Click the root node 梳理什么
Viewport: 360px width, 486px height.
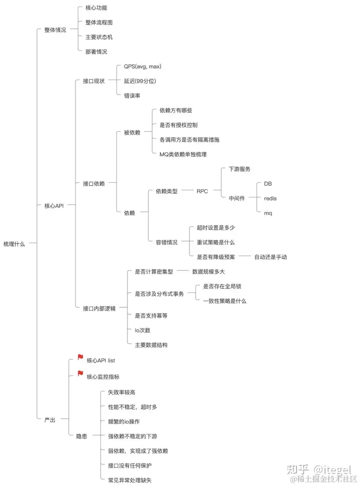tap(13, 244)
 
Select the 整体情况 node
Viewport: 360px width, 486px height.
tap(54, 30)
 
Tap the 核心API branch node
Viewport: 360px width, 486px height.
tap(54, 205)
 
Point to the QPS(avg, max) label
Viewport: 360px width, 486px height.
tap(142, 66)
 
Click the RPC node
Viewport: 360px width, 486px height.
tap(202, 191)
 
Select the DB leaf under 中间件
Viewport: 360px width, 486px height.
tap(268, 184)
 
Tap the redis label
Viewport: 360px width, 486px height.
tap(270, 198)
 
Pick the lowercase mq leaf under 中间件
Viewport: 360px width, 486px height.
tap(268, 213)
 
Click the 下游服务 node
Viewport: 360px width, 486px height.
tap(239, 169)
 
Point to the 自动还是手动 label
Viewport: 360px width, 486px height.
tap(270, 257)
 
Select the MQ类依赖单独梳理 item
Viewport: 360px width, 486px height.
tap(179, 154)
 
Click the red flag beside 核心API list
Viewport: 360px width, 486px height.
tap(80, 357)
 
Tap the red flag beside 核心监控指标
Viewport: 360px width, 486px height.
tap(80, 374)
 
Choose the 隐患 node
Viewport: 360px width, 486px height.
tap(81, 436)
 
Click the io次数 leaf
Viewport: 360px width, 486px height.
tap(142, 330)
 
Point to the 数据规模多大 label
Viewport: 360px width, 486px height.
tap(208, 271)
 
